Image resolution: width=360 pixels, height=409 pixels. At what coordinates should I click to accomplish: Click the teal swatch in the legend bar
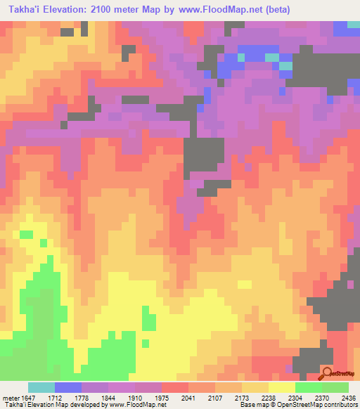(41, 387)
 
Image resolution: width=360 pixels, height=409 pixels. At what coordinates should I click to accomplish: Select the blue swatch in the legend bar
(68, 387)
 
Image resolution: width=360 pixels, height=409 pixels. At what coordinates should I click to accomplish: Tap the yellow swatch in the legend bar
(281, 387)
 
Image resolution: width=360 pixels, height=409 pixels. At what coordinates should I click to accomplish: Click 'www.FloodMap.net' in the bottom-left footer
(137, 405)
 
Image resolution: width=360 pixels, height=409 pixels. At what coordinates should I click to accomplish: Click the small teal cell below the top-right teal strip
(286, 65)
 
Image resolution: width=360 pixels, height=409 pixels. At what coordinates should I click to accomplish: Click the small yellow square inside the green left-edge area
(26, 234)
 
